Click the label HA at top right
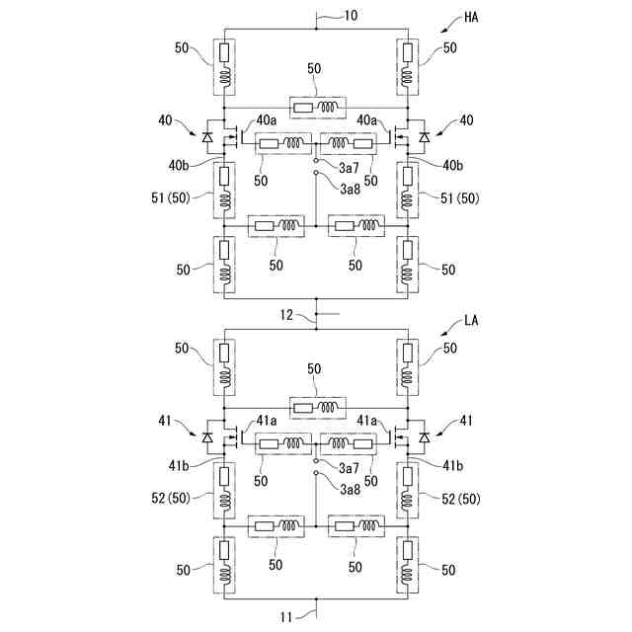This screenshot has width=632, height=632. (472, 18)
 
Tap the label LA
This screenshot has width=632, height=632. (472, 322)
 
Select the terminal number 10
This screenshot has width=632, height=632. (352, 17)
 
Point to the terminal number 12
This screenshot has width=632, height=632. (286, 315)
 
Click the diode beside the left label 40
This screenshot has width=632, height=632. (207, 136)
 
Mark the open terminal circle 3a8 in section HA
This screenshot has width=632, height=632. (315, 173)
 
